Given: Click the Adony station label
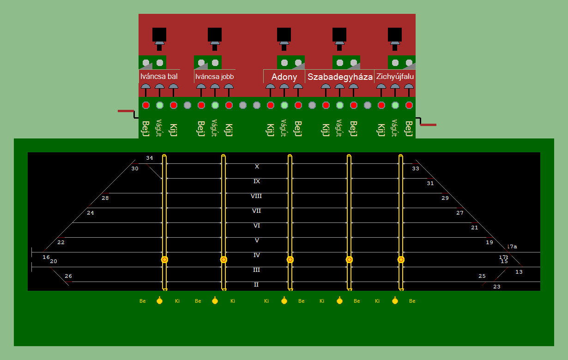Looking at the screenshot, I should (284, 77).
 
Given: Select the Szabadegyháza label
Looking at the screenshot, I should (340, 77).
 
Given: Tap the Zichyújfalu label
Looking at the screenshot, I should (395, 77).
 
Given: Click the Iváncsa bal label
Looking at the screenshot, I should (159, 77).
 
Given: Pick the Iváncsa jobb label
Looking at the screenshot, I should (215, 77).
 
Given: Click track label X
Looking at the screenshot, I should (257, 167).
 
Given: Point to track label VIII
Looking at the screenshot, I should (256, 196).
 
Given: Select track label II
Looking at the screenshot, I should (256, 285).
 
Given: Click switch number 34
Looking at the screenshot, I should (149, 158).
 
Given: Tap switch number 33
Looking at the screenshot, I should (416, 168).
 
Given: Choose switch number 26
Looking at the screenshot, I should (68, 276).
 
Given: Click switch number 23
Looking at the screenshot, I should (497, 287).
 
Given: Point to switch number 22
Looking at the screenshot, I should (61, 242).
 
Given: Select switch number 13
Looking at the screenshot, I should (519, 272).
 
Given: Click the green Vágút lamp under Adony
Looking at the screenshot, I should (284, 105).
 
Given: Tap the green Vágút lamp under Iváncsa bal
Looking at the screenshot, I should (160, 105).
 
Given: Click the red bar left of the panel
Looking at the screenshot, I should (126, 111).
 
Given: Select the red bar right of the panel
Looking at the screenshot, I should (428, 125).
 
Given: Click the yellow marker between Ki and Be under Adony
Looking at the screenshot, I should (284, 301).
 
